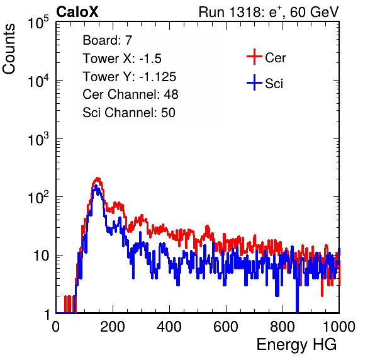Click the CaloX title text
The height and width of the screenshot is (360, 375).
pyautogui.click(x=77, y=12)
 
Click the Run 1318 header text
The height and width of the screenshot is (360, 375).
pyautogui.click(x=269, y=12)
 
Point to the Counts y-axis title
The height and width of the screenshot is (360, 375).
pyautogui.click(x=9, y=49)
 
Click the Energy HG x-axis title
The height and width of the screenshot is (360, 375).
pyautogui.click(x=296, y=345)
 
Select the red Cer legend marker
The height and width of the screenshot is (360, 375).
pyautogui.click(x=254, y=57)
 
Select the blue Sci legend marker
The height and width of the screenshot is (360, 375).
pyautogui.click(x=254, y=82)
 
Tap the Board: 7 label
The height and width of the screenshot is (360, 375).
pyautogui.click(x=107, y=40)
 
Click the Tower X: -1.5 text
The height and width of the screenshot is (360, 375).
pyautogui.click(x=122, y=59)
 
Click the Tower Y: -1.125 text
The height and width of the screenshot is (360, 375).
pyautogui.click(x=130, y=77)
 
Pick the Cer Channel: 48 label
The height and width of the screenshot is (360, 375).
pyautogui.click(x=130, y=94)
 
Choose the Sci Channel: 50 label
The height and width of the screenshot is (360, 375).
pyautogui.click(x=129, y=113)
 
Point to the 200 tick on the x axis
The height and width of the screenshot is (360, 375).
pyautogui.click(x=113, y=327)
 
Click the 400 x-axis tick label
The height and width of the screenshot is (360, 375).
pyautogui.click(x=169, y=327)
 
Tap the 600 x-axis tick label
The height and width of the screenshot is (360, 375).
pyautogui.click(x=226, y=327)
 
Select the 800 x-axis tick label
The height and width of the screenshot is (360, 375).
pyautogui.click(x=283, y=327)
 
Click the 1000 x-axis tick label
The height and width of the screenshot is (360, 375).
pyautogui.click(x=339, y=327)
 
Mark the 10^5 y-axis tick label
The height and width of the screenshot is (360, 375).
pyautogui.click(x=38, y=23)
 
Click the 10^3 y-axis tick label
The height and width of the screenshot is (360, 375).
pyautogui.click(x=38, y=140)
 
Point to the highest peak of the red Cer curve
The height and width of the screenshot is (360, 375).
pyautogui.click(x=98, y=178)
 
